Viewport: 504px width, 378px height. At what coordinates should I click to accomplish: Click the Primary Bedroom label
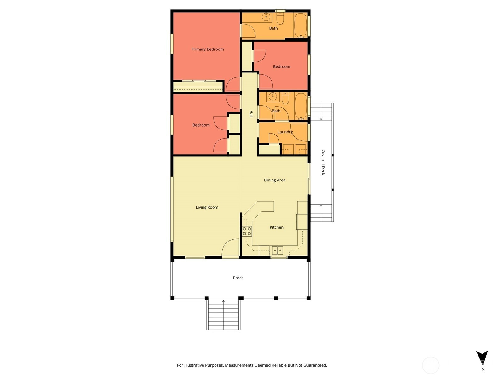click(x=207, y=49)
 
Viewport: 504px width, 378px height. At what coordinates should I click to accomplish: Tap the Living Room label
click(x=207, y=207)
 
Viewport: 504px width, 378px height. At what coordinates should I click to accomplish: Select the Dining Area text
click(x=274, y=180)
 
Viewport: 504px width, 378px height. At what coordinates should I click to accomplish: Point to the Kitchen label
click(x=277, y=227)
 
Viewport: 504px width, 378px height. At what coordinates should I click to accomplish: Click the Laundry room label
click(x=285, y=132)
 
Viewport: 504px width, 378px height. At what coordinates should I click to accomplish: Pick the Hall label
click(x=251, y=114)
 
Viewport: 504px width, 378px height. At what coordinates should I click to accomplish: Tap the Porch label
click(x=238, y=278)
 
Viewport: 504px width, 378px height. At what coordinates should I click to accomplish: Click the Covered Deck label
click(x=323, y=162)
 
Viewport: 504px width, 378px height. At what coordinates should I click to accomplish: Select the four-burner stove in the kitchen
click(x=247, y=231)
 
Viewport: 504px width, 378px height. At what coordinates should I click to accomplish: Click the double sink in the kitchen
click(x=278, y=250)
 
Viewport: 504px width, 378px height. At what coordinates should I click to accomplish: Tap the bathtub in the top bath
click(x=301, y=26)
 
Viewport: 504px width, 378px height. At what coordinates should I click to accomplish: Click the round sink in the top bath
click(x=266, y=17)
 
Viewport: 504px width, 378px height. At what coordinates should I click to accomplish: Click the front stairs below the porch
click(x=223, y=315)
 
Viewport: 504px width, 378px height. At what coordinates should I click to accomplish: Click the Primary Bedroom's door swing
click(x=233, y=84)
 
